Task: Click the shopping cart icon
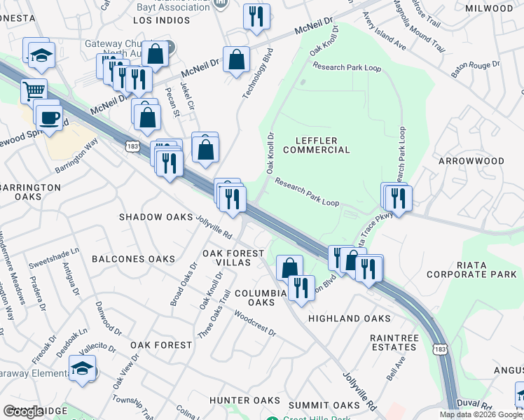pyautogui.click(x=34, y=90)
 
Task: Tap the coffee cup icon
pyautogui.click(x=49, y=115)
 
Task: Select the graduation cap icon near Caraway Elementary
pyautogui.click(x=83, y=369)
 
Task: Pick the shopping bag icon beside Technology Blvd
pyautogui.click(x=237, y=59)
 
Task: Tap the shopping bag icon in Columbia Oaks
pyautogui.click(x=289, y=267)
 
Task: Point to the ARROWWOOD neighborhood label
pyautogui.click(x=471, y=161)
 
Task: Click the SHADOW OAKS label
pyautogui.click(x=155, y=217)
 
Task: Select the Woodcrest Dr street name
pyautogui.click(x=254, y=323)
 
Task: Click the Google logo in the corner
pyautogui.click(x=23, y=412)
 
